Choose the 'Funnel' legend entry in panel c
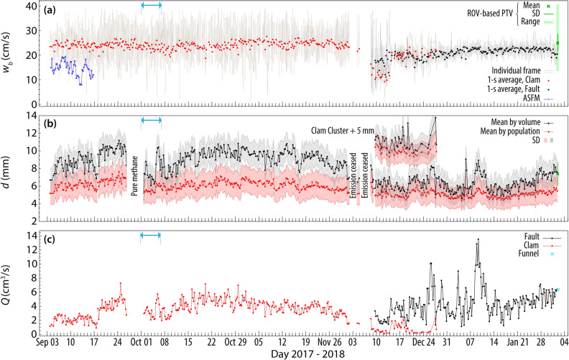[528, 254]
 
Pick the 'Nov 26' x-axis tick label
[330, 343]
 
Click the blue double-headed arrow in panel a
[151, 6]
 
